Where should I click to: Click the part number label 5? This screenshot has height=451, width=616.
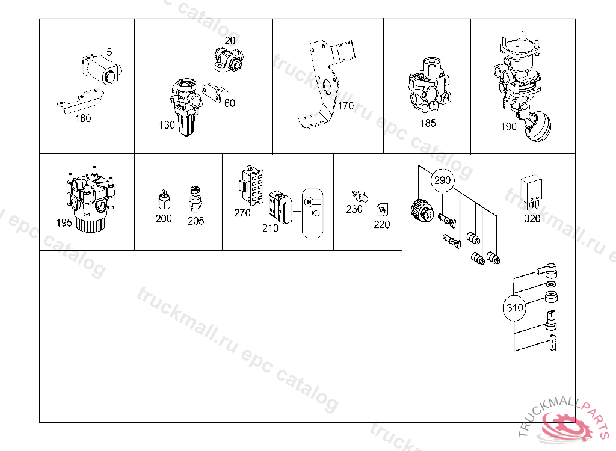109,52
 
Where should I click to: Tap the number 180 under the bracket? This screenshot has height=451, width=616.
83,118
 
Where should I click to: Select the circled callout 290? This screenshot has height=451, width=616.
442,180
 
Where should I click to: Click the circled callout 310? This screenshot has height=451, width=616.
514,308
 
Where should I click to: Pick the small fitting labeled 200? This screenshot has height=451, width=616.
164,200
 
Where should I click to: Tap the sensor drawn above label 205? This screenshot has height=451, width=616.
196,200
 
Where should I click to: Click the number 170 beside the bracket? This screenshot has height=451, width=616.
346,106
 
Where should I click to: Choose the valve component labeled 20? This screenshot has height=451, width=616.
229,59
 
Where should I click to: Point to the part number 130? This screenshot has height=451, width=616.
167,125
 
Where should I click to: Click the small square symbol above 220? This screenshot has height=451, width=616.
382,210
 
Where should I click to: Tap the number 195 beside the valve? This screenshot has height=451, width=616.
64,222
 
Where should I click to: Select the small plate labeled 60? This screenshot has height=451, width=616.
215,93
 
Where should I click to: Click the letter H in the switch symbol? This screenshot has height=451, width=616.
309,202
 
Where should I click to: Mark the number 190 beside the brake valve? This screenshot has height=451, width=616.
508,126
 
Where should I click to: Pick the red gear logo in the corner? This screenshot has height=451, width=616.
565,426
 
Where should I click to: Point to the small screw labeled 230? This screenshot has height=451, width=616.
360,196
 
